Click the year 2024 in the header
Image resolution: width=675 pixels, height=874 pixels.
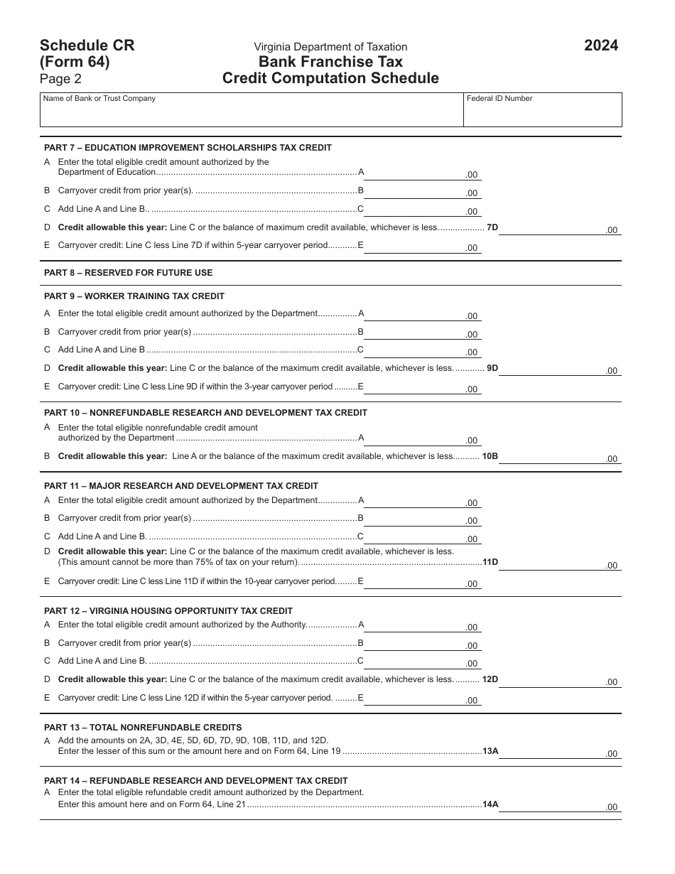click(x=600, y=46)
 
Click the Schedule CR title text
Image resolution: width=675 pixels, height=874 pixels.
click(x=87, y=45)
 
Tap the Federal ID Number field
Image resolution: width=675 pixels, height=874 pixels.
click(x=543, y=112)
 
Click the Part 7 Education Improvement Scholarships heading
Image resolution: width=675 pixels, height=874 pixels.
click(x=188, y=148)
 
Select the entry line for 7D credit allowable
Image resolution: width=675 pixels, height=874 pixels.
click(x=559, y=229)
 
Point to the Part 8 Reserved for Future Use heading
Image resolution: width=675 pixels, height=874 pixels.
click(x=128, y=273)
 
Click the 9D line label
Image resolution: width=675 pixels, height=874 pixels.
click(x=492, y=368)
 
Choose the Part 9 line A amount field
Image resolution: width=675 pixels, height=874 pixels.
click(x=422, y=315)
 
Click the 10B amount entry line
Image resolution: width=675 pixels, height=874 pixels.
click(x=559, y=458)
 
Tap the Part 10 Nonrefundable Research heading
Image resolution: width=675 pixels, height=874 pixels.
click(x=205, y=413)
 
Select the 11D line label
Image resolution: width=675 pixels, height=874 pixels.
click(x=490, y=562)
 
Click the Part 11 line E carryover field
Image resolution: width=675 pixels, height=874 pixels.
click(x=422, y=583)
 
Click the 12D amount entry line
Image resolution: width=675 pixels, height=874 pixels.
click(x=559, y=681)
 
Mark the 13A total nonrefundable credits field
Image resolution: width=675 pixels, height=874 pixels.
click(x=559, y=752)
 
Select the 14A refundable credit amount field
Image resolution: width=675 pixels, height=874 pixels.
click(x=559, y=806)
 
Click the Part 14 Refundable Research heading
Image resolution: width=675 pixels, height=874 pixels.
click(x=195, y=780)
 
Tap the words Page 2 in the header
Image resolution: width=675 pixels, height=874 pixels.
click(x=60, y=80)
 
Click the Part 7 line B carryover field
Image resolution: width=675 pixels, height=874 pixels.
click(x=422, y=192)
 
